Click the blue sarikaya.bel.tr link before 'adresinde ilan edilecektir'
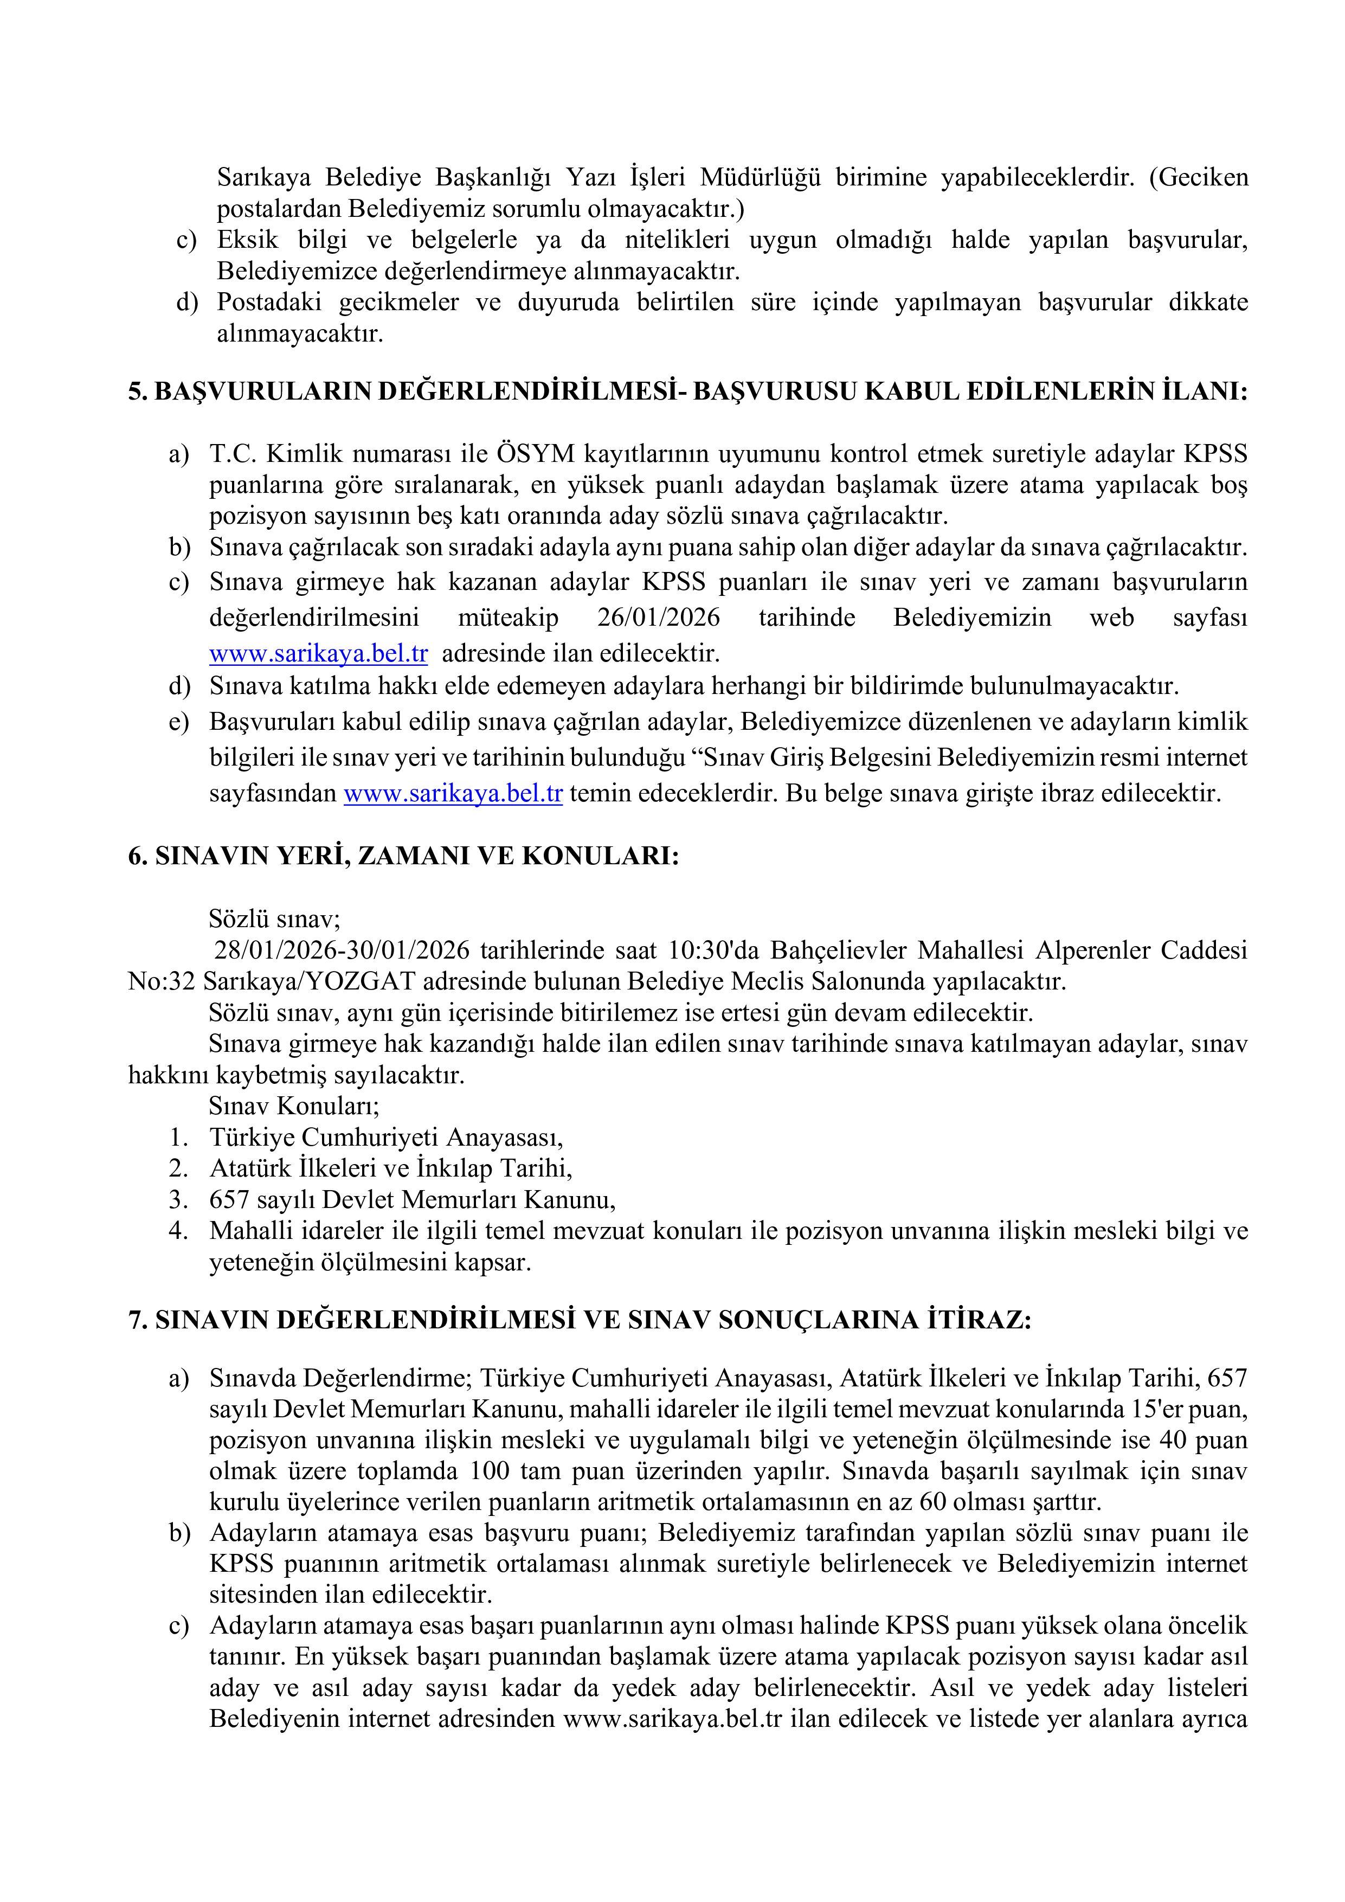click(318, 653)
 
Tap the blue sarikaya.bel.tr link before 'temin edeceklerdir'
click(453, 794)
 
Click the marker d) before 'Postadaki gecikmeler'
click(187, 303)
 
